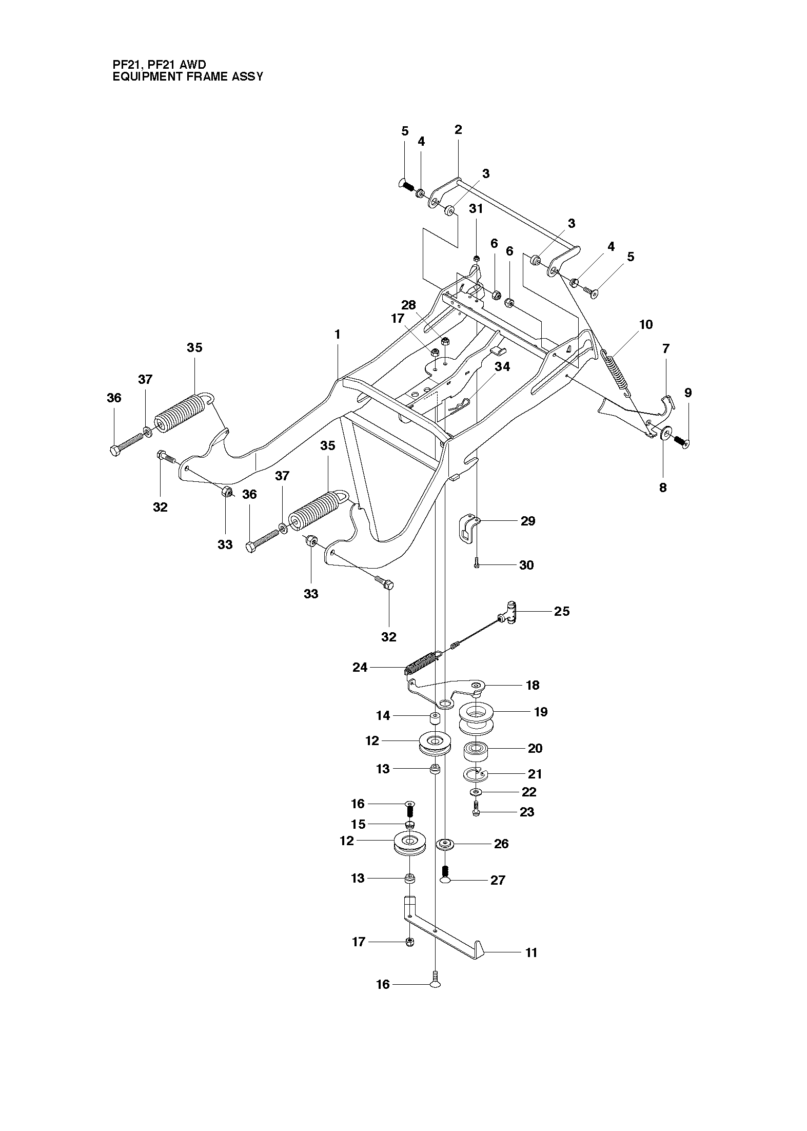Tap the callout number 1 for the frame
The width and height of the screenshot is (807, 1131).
pos(337,334)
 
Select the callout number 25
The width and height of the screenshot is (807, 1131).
pos(562,611)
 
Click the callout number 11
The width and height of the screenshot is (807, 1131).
pos(531,953)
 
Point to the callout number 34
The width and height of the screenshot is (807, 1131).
pos(502,366)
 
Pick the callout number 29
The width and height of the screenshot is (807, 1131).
pos(528,521)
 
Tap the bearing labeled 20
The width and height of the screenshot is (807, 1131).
pos(476,752)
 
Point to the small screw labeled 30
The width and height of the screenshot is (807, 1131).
pos(477,563)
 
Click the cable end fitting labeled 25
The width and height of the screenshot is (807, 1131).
pos(507,613)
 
